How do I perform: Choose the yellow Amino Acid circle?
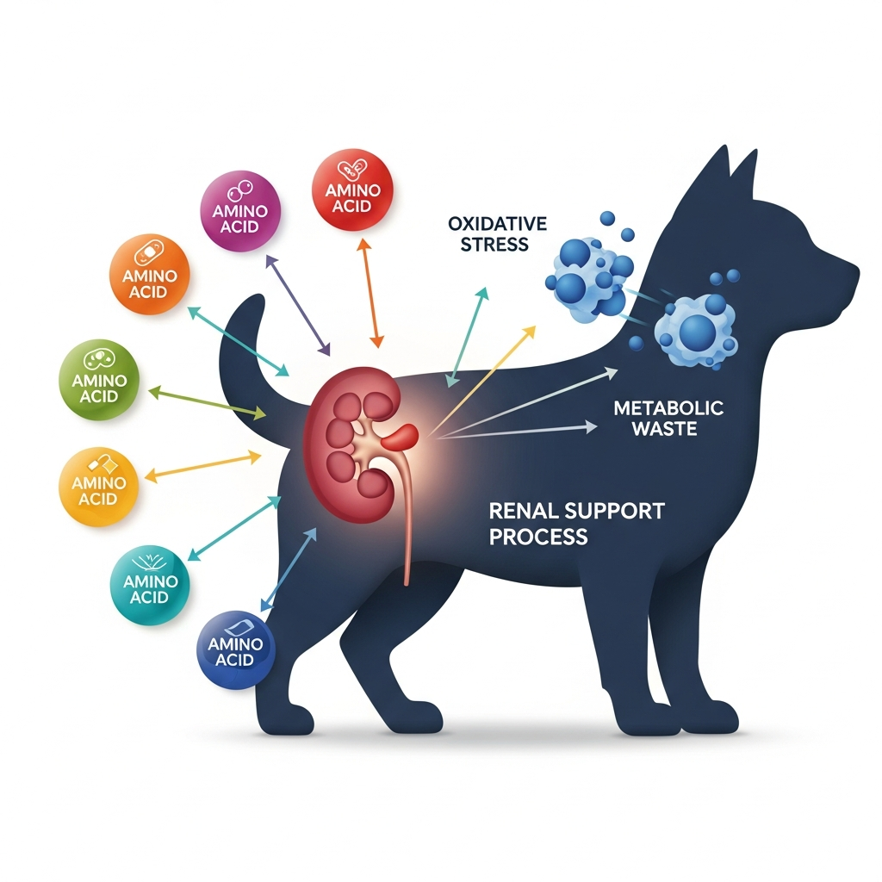99,486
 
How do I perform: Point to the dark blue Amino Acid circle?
235,650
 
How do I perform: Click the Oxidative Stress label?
498,233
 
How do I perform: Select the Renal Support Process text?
576,523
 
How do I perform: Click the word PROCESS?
538,537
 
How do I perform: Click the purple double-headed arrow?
297,305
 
